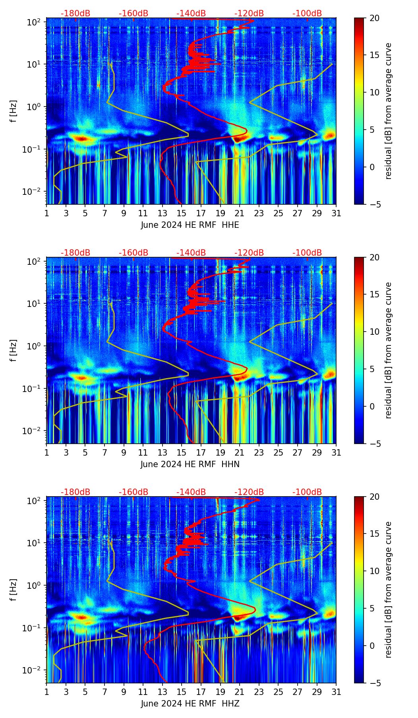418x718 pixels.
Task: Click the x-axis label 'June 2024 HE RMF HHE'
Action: (190, 225)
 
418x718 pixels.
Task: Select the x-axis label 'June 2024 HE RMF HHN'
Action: (190, 464)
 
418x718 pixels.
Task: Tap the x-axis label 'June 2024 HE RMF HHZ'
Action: (190, 704)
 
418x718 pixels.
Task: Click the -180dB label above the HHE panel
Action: (75, 14)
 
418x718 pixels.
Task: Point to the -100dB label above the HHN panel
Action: (307, 253)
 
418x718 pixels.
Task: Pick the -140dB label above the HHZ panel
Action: (191, 492)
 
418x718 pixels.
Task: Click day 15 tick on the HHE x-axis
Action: (182, 213)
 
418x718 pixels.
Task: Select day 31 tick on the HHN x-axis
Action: (336, 452)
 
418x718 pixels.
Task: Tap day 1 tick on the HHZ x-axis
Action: (46, 692)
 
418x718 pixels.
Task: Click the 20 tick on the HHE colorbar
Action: (374, 18)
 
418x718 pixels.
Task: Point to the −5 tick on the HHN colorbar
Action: (374, 444)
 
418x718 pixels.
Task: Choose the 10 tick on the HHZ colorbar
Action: (374, 571)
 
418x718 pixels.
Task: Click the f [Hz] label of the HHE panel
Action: (14, 111)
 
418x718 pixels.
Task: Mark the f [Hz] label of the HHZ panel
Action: (14, 590)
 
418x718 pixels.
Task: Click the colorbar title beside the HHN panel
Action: (388, 350)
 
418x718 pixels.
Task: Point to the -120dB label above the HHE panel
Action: (249, 14)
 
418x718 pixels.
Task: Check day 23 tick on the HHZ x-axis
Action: (259, 692)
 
